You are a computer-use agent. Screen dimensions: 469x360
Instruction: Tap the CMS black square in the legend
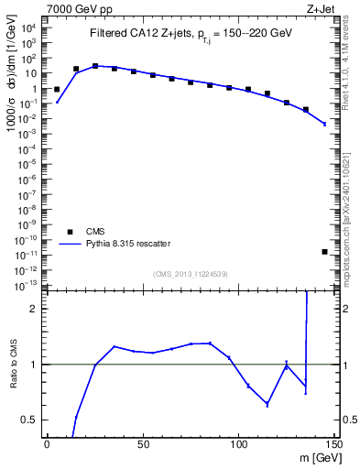point(71,232)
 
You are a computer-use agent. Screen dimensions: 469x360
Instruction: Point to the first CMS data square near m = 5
point(57,90)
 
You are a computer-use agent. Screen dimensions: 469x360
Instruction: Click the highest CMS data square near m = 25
point(95,66)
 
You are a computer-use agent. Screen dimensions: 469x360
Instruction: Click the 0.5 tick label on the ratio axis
point(28,420)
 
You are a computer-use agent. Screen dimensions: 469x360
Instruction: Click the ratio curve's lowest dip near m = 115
point(267,404)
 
